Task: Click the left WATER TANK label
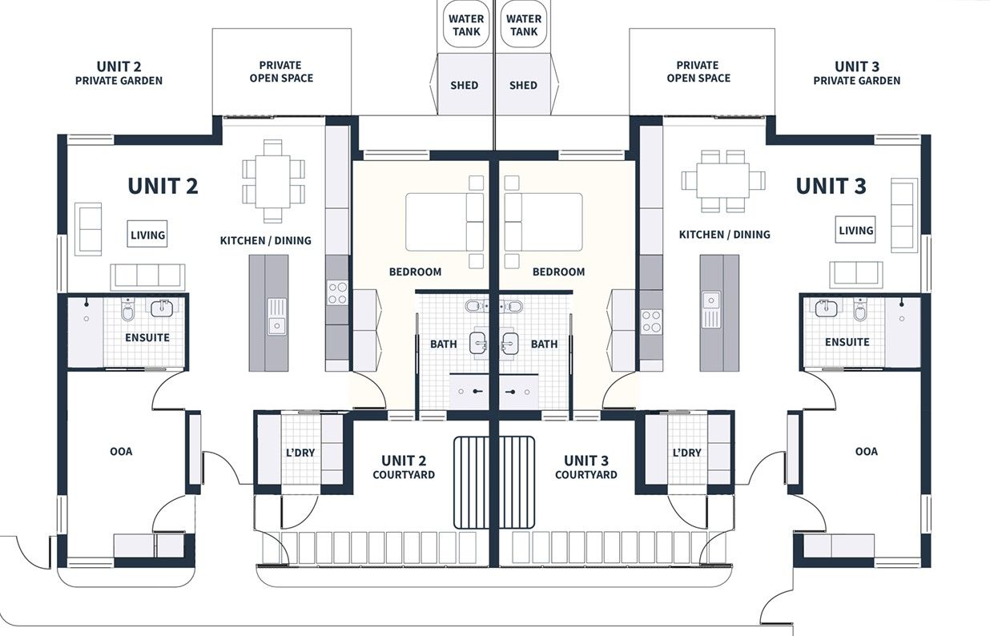click(466, 25)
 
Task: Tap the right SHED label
click(523, 85)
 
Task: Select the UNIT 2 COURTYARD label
click(404, 467)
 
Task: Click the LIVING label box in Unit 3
click(855, 230)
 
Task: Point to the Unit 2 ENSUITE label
click(147, 337)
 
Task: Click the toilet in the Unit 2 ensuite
click(127, 310)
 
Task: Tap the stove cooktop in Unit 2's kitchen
click(337, 292)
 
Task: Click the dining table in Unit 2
click(273, 181)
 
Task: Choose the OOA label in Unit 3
click(866, 451)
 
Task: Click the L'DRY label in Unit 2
click(300, 453)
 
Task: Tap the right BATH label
click(544, 344)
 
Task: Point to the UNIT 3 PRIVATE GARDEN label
click(856, 73)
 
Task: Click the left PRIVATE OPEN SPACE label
click(280, 71)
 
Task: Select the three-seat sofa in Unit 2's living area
click(147, 276)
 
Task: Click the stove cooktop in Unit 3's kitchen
click(651, 321)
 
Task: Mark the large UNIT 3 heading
click(831, 186)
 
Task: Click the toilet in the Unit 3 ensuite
click(861, 309)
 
